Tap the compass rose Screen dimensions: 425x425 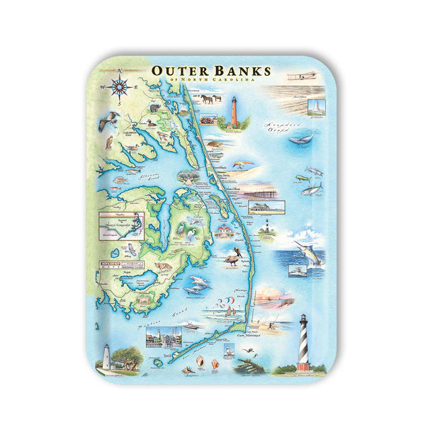pos(120,86)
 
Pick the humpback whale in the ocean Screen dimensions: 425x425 pos(300,140)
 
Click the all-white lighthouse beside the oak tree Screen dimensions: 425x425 pos(106,357)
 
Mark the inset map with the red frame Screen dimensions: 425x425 pos(120,226)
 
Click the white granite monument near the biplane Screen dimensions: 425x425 pos(312,106)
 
